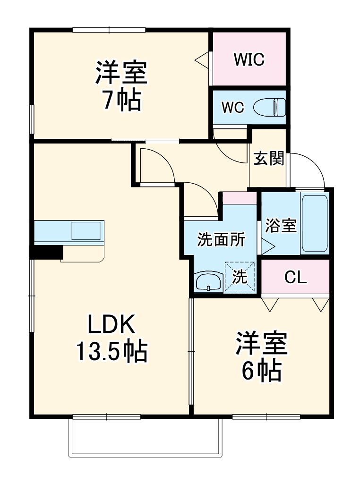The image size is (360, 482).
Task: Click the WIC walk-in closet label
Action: pos(249,60)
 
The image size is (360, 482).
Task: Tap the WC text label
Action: pos(233,108)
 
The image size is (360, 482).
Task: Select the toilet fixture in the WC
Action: pos(270,107)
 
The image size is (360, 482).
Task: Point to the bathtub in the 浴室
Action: pos(315,223)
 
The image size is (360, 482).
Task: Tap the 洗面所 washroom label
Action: pos(221,240)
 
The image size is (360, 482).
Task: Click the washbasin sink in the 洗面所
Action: pos(208,283)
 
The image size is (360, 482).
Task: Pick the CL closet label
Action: pos(296,278)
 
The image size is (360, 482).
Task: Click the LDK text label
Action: pos(111,325)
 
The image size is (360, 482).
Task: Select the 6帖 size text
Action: pos(262,372)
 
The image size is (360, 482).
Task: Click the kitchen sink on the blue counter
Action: pos(86,231)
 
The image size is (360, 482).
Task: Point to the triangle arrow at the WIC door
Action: pos(202,59)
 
